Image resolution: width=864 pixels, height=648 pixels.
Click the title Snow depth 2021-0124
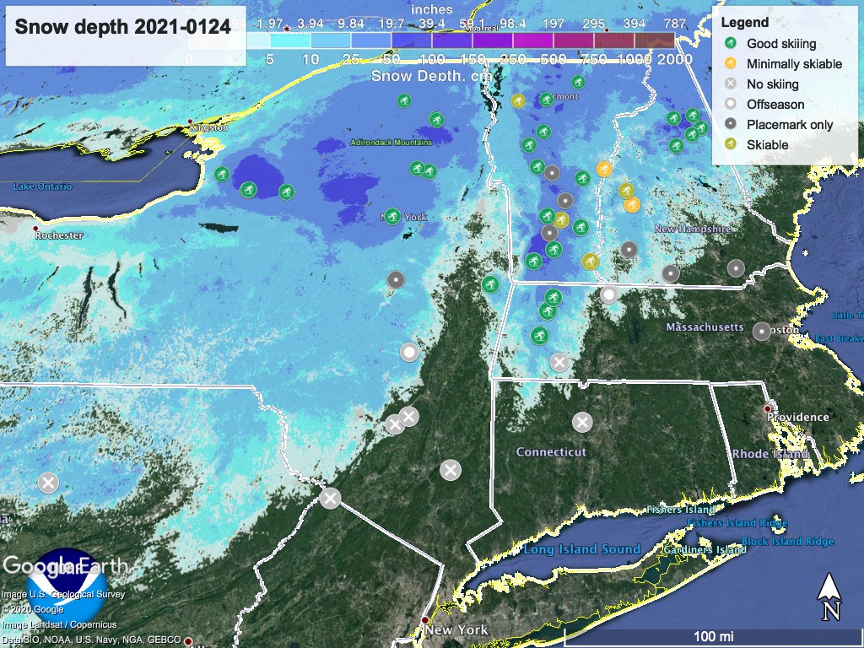122,26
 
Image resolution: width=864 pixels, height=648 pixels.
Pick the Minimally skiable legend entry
794,63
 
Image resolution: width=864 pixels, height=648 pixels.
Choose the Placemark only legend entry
790,124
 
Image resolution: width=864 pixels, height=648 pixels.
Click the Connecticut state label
551,452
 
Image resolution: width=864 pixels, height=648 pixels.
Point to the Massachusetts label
705,327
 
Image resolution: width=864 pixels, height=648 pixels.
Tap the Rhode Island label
770,454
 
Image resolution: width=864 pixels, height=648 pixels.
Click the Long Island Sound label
581,549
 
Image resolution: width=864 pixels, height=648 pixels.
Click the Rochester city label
59,235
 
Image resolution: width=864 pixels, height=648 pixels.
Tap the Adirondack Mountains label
391,143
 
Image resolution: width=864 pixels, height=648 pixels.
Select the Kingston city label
210,127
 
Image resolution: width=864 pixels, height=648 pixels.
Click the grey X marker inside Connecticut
581,422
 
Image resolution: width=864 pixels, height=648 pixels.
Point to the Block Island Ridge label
787,541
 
